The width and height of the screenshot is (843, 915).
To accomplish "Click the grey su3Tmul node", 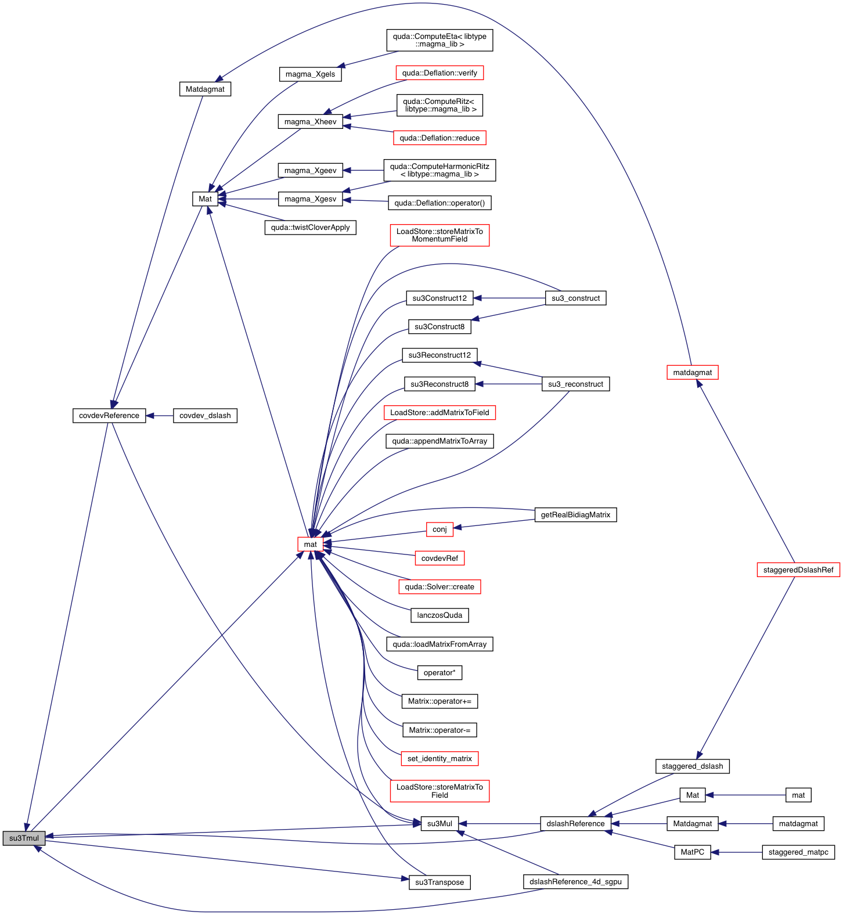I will (x=24, y=838).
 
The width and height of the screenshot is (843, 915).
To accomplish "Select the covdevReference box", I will (x=109, y=416).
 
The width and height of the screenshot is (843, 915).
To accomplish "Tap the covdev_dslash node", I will (x=205, y=416).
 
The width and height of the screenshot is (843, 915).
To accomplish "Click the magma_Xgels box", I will (x=310, y=74).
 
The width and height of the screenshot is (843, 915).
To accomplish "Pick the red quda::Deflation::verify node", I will (x=439, y=73).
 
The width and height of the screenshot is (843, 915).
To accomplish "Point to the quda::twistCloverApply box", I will (x=310, y=228).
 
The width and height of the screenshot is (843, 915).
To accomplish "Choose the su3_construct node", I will (x=575, y=298).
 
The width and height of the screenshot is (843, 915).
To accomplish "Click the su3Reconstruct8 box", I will (x=439, y=384).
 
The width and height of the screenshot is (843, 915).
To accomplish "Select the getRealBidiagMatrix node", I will (x=575, y=515).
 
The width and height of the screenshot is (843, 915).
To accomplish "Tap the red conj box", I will (x=439, y=529).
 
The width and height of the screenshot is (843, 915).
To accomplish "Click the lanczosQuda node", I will (x=439, y=615).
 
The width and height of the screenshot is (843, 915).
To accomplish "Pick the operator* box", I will (x=439, y=673).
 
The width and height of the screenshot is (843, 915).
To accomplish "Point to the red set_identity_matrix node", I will (x=439, y=759).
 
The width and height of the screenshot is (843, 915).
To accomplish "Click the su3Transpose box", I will (x=439, y=882).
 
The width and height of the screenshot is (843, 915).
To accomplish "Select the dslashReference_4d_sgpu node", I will (x=575, y=882).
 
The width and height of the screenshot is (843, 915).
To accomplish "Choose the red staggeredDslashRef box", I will (x=798, y=570).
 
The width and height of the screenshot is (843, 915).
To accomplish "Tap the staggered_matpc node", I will (x=798, y=852).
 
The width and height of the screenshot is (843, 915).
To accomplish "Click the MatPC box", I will (x=692, y=852).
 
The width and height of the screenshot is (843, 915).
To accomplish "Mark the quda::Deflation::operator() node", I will (x=439, y=203).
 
